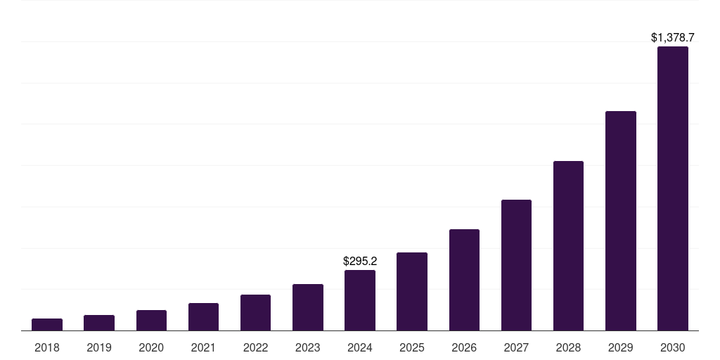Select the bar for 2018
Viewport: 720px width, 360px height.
pos(47,324)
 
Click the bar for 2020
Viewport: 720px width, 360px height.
pos(151,320)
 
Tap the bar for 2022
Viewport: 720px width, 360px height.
pos(255,312)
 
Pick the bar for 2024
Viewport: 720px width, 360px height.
pos(360,300)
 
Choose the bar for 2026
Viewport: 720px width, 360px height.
pos(464,280)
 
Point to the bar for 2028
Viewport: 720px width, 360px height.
pos(568,245)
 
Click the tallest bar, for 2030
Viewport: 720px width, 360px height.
pos(673,188)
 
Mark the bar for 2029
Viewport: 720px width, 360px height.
pos(621,221)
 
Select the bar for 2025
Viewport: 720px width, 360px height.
pos(412,291)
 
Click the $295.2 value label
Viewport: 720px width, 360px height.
pos(360,261)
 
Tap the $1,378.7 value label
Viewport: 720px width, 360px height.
pos(673,37)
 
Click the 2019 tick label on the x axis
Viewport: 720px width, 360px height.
pos(99,347)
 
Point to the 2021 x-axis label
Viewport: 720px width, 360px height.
pos(203,347)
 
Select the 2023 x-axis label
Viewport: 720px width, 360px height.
pos(308,347)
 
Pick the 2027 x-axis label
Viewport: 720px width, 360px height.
pos(516,347)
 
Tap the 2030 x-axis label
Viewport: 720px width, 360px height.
pos(673,347)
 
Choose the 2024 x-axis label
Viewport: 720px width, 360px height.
pos(360,347)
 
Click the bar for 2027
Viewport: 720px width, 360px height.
pos(516,265)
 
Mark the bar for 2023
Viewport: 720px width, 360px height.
pos(308,307)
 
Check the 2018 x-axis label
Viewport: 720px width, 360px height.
pos(47,347)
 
